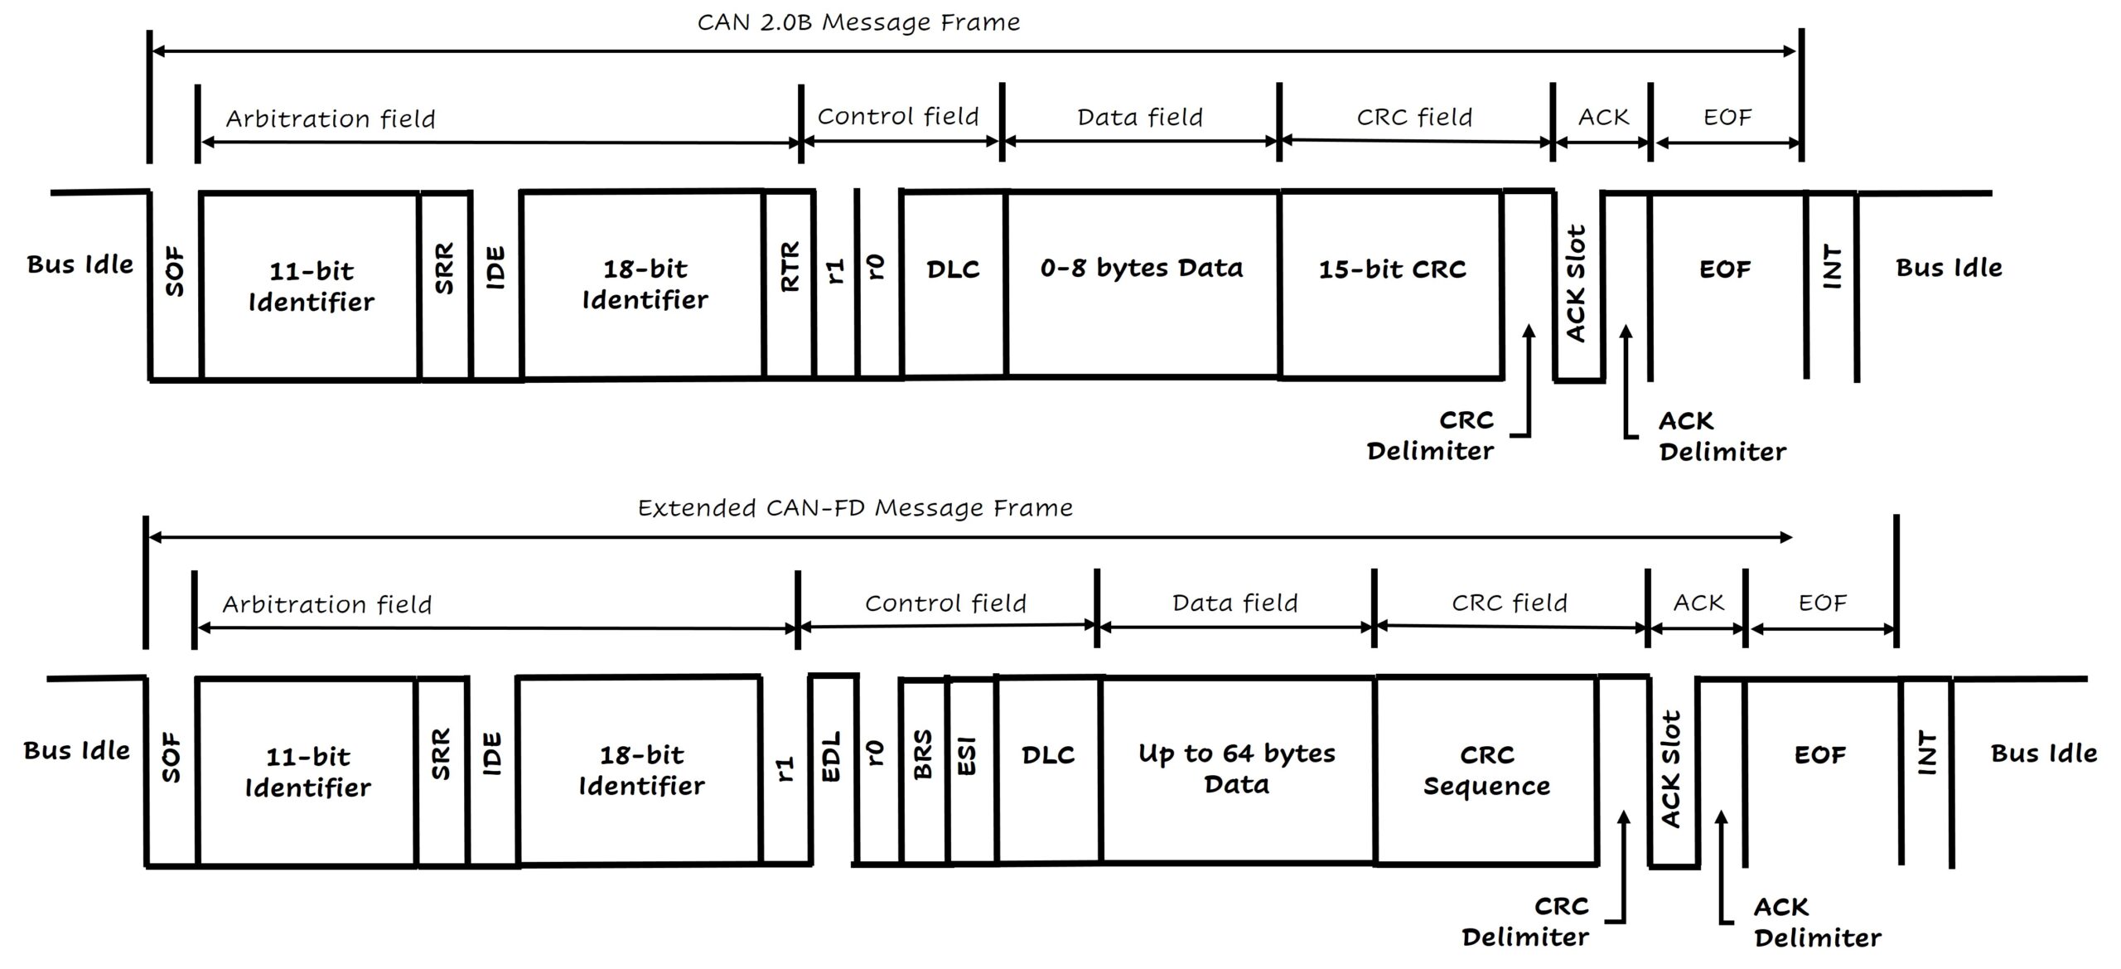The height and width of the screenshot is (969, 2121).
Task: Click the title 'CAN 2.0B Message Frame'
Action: (x=858, y=22)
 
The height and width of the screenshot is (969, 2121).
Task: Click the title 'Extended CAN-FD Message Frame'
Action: (x=855, y=507)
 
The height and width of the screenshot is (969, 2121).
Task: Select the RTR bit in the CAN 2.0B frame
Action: (x=790, y=267)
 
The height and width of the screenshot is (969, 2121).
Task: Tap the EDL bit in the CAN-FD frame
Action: (x=831, y=755)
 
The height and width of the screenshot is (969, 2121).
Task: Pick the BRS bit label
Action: (x=923, y=755)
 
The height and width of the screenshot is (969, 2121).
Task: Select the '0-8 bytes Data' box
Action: (x=1142, y=269)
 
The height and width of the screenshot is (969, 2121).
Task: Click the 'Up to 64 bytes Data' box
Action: (x=1236, y=768)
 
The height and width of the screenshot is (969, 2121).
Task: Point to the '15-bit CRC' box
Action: (x=1392, y=269)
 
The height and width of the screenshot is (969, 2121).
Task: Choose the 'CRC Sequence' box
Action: (x=1486, y=770)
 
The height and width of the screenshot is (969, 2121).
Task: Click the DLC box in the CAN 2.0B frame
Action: (x=953, y=269)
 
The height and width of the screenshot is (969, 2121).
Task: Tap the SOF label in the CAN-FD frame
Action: (x=171, y=756)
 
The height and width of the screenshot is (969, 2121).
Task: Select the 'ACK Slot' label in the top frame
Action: (x=1577, y=283)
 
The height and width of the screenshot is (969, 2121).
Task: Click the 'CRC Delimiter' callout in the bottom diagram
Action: (x=1525, y=921)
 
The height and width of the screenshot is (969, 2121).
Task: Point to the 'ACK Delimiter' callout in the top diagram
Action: (x=1722, y=436)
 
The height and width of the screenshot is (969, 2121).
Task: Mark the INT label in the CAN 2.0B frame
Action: (x=1832, y=267)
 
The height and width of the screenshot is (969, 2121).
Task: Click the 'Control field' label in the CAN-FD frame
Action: (x=945, y=603)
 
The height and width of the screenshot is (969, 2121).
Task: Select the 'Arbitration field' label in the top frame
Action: (x=331, y=119)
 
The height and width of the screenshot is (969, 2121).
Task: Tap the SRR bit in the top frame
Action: (x=445, y=269)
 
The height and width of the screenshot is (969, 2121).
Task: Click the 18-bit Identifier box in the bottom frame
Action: (x=641, y=770)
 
